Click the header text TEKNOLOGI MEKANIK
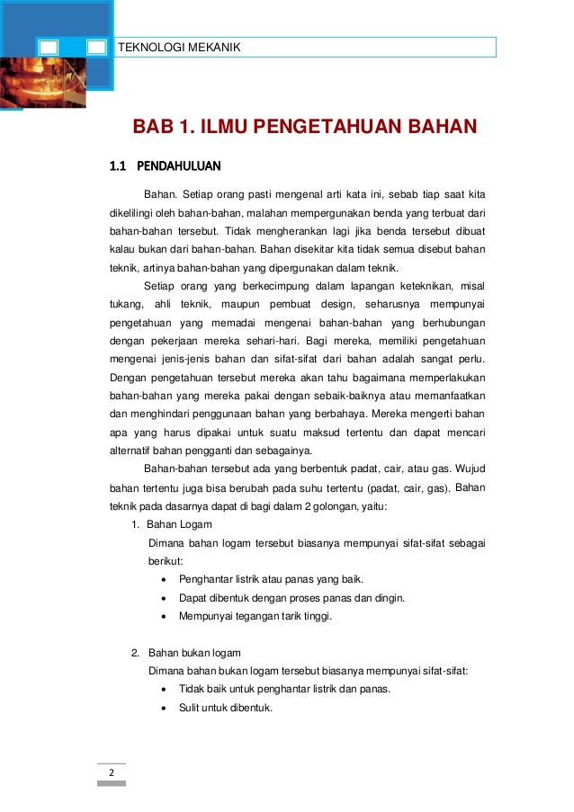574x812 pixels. tap(180, 47)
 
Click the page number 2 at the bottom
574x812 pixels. tap(112, 772)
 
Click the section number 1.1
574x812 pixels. tap(118, 166)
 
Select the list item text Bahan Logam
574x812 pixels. tap(180, 524)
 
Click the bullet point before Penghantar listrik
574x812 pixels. tap(161, 579)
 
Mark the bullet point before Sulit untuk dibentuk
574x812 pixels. tap(161, 708)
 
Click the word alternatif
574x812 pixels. tap(133, 451)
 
